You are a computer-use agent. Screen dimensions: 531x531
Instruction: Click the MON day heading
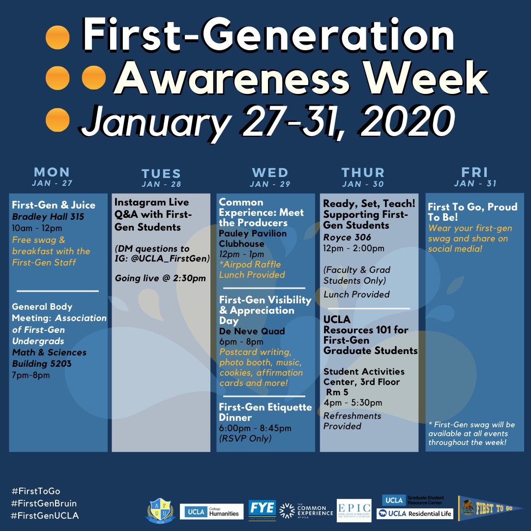pos(52,172)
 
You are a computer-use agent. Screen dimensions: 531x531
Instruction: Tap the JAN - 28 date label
pos(161,185)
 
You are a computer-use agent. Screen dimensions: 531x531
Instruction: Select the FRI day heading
pos(474,172)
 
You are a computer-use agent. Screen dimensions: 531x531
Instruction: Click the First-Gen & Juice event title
pos(54,205)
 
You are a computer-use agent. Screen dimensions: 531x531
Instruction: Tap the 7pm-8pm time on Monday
pos(31,375)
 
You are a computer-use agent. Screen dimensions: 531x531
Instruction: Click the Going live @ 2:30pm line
pos(160,278)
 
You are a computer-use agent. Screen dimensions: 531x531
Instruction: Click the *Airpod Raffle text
pos(250,265)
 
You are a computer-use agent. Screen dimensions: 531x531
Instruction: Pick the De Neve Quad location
pos(252,331)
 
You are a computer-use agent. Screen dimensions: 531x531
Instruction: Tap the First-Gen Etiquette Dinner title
pos(265,413)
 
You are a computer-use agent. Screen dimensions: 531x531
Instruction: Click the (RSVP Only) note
pos(245,438)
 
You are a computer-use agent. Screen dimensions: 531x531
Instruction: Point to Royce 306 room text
pos(347,237)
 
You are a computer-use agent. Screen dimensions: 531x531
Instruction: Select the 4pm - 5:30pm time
pos(353,403)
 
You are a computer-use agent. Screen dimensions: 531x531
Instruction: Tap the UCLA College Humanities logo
pos(212,511)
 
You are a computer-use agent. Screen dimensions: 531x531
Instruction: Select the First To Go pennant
pos(490,508)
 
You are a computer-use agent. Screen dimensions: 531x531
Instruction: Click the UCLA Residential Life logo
pos(414,514)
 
